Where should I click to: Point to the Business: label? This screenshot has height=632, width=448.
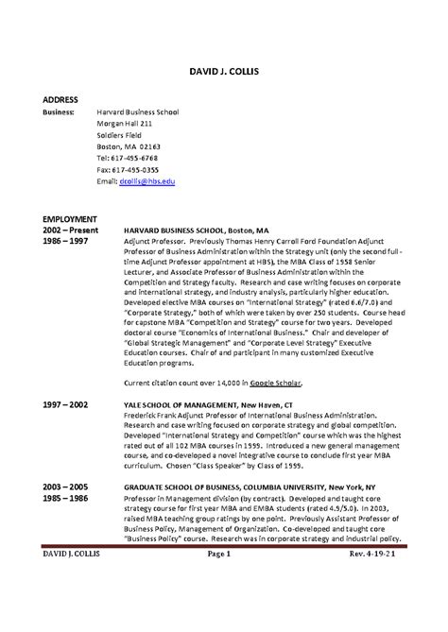[63, 111]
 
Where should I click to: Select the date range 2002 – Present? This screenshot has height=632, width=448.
[71, 230]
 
